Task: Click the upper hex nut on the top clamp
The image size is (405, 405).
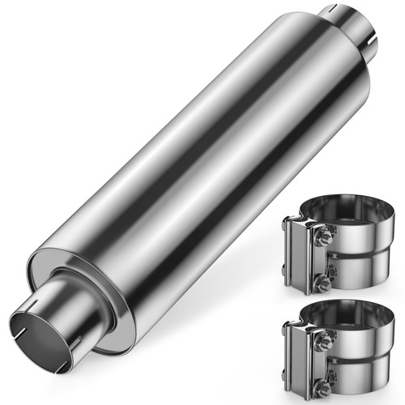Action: coord(322,237)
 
